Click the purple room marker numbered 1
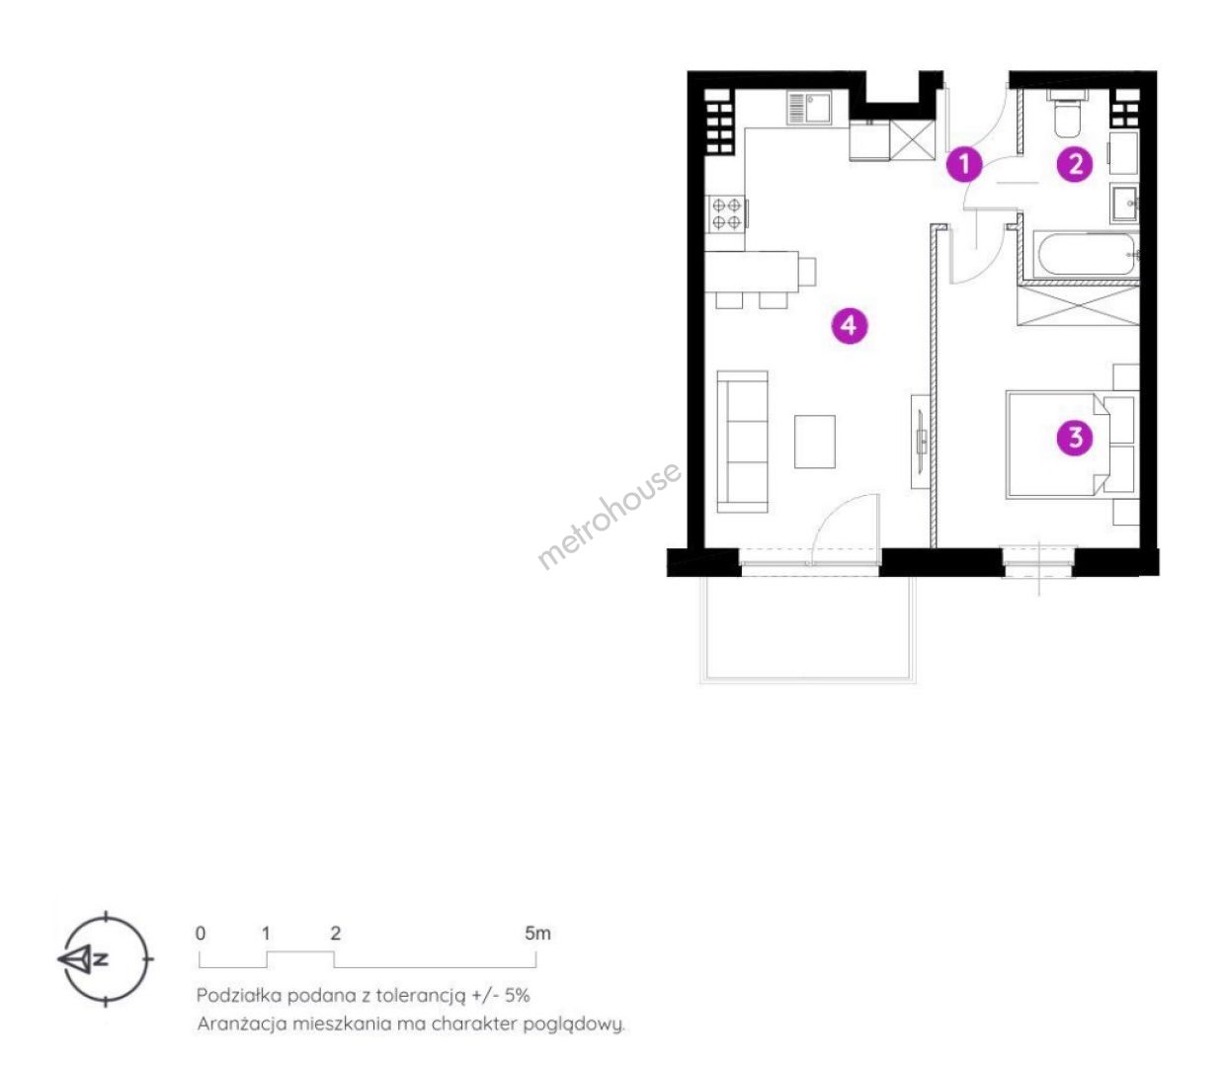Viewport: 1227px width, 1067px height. click(964, 164)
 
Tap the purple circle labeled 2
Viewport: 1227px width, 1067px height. click(1074, 164)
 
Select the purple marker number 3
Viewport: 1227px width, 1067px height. click(1075, 438)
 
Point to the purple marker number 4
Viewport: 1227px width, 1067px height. click(849, 326)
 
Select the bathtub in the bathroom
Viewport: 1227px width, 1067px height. click(1085, 255)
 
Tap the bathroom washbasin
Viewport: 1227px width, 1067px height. click(1124, 204)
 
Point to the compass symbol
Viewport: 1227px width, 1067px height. click(106, 959)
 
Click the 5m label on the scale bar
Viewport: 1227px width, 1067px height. click(536, 934)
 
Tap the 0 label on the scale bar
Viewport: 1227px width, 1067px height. click(201, 934)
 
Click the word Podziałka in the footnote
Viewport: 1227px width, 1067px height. click(239, 996)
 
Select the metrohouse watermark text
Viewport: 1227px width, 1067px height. click(609, 515)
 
